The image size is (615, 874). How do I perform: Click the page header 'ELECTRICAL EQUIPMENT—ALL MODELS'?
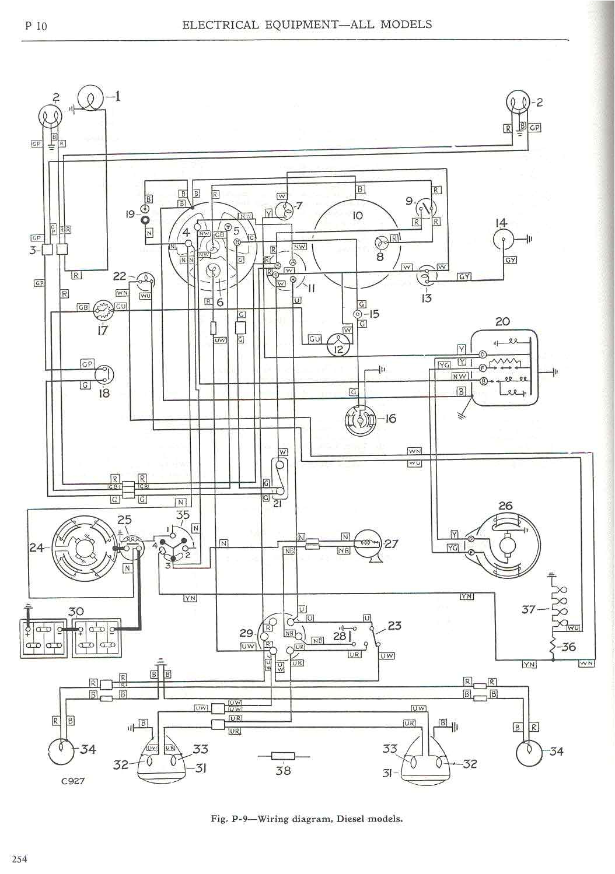(307, 24)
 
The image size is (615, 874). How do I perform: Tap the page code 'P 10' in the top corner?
(36, 26)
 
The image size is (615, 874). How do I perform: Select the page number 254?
(18, 858)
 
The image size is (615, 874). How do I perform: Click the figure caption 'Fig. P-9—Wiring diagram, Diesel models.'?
(307, 819)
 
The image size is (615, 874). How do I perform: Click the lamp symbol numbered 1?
(90, 98)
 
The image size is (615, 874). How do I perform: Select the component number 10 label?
(358, 215)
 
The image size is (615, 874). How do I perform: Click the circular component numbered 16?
(361, 419)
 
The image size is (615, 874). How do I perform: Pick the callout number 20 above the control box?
(502, 321)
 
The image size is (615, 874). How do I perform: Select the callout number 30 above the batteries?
(76, 611)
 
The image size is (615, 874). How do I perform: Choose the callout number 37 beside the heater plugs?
(528, 610)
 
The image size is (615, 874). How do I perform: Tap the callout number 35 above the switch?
(183, 515)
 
